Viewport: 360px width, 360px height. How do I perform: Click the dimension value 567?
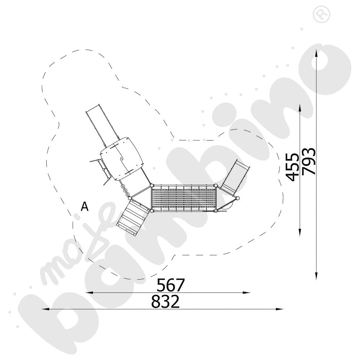pos(171,285)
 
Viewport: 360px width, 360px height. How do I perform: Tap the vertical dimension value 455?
pos(292,167)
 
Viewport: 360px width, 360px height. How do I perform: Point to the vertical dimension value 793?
pos(309,161)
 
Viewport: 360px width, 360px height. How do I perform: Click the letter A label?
pos(85,207)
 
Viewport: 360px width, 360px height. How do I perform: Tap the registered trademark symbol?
pos(321,14)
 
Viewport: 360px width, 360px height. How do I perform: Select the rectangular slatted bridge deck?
pos(184,198)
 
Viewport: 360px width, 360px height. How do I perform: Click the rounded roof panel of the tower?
pos(122,159)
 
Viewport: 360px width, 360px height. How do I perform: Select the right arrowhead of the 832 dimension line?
pos(279,309)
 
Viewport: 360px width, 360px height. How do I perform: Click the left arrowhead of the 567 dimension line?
pos(89,292)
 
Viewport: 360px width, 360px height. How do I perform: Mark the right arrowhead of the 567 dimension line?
pos(246,292)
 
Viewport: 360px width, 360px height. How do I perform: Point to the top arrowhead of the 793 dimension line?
pos(316,53)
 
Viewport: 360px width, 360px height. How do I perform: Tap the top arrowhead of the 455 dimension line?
pos(300,108)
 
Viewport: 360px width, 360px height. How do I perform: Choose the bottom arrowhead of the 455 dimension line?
pos(300,232)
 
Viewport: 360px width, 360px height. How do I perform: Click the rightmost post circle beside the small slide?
pos(238,198)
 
